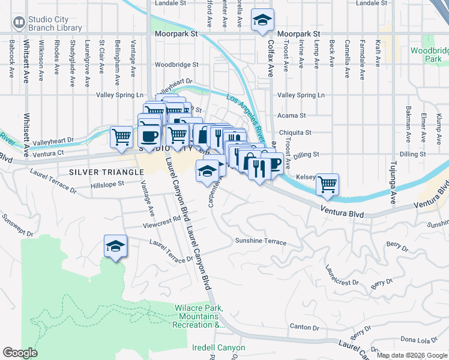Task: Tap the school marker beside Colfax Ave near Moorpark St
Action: click(x=262, y=20)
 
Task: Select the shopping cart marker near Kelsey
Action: click(x=327, y=184)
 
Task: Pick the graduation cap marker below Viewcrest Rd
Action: click(x=116, y=246)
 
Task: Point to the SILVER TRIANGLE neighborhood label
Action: click(x=106, y=172)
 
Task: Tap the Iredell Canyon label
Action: click(x=218, y=348)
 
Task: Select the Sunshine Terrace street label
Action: click(x=260, y=242)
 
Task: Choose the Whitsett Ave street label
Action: click(x=27, y=60)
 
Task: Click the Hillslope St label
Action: click(x=103, y=184)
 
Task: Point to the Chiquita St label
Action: click(x=294, y=133)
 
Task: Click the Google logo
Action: click(x=20, y=353)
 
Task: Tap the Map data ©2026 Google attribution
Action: click(x=411, y=355)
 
